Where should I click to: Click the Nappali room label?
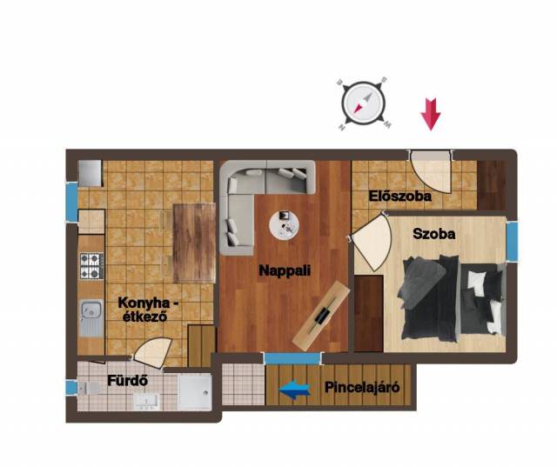(x=285, y=270)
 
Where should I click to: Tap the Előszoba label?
(x=400, y=196)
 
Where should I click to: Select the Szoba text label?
(x=434, y=234)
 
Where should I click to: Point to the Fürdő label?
(x=127, y=381)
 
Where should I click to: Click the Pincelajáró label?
(x=362, y=387)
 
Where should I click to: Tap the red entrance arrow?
(x=431, y=115)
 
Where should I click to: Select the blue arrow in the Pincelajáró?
(x=294, y=390)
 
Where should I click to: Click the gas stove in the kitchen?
(x=91, y=265)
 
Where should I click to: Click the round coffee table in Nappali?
(x=285, y=225)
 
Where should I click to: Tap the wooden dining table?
(x=194, y=244)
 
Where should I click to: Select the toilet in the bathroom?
(x=90, y=388)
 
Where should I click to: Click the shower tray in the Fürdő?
(x=195, y=393)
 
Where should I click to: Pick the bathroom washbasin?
(x=146, y=402)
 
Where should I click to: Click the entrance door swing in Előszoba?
(x=431, y=173)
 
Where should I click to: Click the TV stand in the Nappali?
(x=322, y=314)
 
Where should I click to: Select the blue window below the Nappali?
(x=292, y=357)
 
